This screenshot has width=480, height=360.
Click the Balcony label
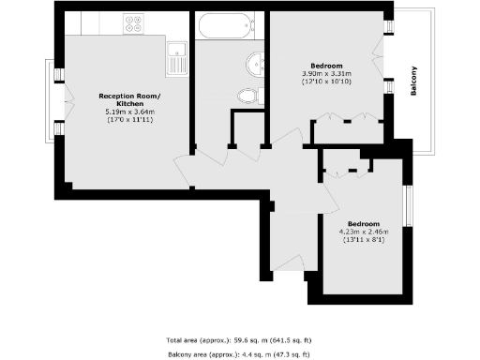coord(413,82)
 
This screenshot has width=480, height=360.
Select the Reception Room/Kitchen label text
coord(130,99)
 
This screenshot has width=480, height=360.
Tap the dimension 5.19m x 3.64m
coord(130,112)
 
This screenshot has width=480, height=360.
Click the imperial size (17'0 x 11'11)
coord(130,120)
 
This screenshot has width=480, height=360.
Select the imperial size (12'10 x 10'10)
coord(326,82)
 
